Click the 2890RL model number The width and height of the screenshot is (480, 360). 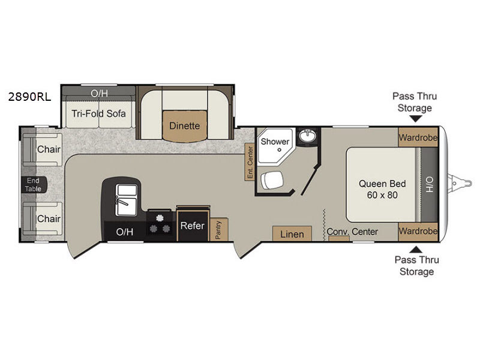29,97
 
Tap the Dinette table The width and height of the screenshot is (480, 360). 185,126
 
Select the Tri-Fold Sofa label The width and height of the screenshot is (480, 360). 98,113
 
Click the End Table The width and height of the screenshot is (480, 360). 34,185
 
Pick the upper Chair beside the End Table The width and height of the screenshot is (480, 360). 43,149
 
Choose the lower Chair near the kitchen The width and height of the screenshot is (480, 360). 43,218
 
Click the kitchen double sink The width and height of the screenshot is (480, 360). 126,200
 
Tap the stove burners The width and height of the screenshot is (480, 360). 160,224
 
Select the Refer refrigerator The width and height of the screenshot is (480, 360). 193,225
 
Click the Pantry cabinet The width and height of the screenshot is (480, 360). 219,230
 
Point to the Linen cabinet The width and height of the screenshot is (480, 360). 292,234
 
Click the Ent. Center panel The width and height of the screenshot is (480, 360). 250,162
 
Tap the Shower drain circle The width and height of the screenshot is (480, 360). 279,150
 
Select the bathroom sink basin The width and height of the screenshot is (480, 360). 307,135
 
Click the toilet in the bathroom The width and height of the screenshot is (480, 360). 272,180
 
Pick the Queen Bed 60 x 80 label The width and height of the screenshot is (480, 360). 382,189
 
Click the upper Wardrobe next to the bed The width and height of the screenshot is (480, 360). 418,137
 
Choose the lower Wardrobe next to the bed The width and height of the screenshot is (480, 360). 418,232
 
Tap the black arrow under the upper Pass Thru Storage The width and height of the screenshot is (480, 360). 415,119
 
